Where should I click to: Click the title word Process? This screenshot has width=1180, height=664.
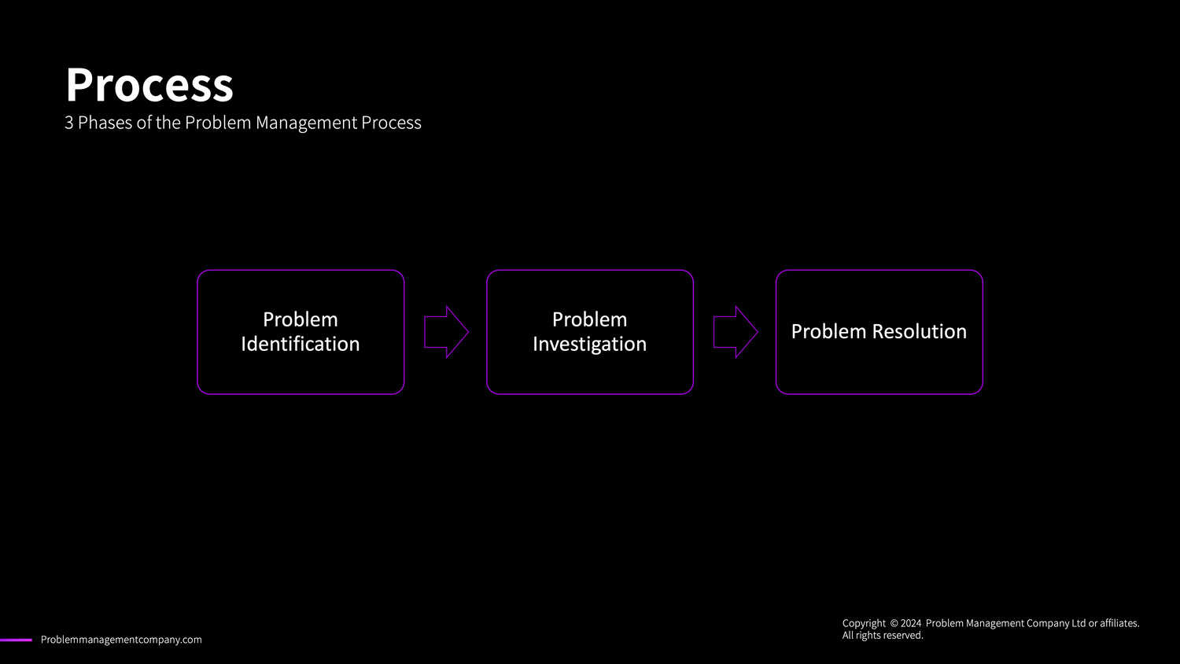149,85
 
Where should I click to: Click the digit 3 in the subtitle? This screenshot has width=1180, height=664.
69,123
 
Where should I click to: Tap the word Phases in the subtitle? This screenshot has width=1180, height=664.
105,123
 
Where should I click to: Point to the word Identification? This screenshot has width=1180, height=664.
301,345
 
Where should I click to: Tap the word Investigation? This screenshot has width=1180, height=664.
590,345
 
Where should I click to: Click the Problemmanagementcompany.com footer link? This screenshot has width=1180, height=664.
121,640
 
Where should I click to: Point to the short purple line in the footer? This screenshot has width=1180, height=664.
16,640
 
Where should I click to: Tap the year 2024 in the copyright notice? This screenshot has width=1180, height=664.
911,623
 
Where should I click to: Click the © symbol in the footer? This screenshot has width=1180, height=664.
894,623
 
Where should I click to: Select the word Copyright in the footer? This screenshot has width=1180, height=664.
864,623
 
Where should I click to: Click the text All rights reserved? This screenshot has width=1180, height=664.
883,636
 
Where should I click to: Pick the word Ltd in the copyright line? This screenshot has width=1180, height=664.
1079,623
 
